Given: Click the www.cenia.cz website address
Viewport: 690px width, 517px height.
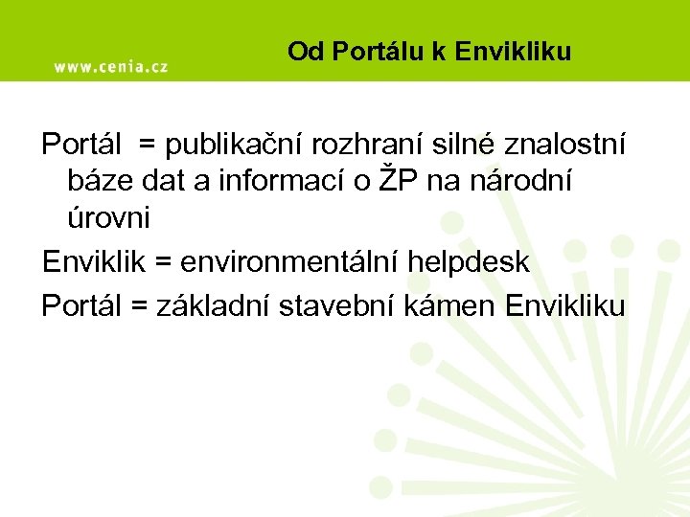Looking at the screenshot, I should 110,67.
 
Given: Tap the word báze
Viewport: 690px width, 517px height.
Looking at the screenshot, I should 97,182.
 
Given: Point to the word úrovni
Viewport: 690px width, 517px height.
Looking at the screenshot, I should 108,218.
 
